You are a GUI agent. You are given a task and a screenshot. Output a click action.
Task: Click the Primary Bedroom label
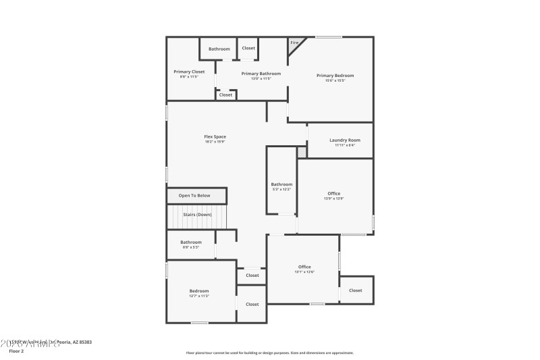335,75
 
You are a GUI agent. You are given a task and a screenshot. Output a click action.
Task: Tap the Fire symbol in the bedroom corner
294,43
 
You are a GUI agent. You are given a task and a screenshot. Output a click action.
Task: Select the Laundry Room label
344,140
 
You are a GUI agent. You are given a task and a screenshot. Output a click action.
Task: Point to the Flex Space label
215,136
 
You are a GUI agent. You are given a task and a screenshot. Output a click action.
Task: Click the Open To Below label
194,195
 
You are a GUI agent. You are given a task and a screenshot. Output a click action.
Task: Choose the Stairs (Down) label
197,214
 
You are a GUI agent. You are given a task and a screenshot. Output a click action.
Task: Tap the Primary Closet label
189,72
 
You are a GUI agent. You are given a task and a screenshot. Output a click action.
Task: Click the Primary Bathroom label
261,73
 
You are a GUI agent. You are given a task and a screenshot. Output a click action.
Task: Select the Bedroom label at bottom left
198,290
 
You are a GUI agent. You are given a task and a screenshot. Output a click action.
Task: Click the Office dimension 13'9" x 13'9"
334,199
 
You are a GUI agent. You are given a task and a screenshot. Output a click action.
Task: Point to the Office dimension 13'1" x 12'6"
304,272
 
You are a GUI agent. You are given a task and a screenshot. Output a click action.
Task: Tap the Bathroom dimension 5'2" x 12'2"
281,189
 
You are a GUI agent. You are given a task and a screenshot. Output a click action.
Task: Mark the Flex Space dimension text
215,142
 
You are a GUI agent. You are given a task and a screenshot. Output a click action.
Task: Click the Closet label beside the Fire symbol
248,48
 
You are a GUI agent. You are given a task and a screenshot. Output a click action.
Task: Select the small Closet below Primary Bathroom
225,95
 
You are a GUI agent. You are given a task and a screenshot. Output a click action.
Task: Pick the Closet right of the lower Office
355,290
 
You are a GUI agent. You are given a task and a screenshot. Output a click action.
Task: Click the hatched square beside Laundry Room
302,152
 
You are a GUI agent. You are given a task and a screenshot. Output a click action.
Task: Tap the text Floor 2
16,351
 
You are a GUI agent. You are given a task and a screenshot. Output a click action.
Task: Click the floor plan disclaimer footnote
269,353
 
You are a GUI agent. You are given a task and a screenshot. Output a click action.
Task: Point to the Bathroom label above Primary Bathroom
219,49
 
